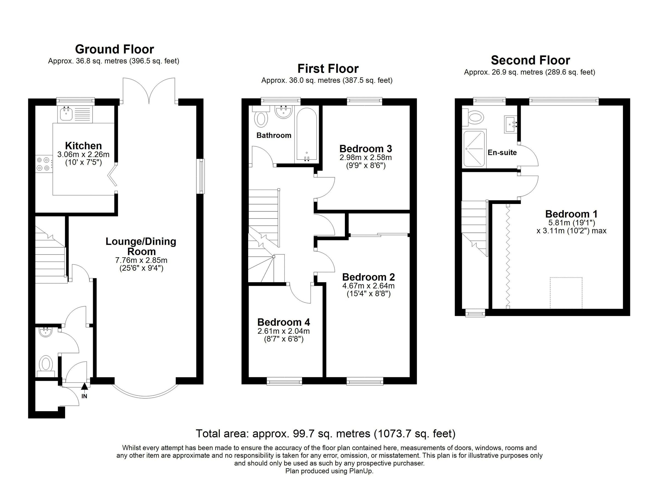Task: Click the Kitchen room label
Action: click(83, 145)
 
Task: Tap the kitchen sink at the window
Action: click(66, 114)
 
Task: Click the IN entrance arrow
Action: click(84, 387)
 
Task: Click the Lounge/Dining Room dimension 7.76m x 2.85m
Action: click(141, 260)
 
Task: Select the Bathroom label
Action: click(274, 135)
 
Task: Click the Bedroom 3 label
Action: click(365, 149)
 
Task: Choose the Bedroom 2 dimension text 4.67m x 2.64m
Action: click(368, 286)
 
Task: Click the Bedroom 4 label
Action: click(284, 322)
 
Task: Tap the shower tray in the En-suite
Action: click(474, 149)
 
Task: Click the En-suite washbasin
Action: click(510, 124)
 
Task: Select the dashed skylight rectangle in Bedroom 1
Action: click(566, 293)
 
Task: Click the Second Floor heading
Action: click(530, 60)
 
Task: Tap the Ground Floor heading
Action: click(115, 49)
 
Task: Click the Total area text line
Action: click(325, 433)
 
